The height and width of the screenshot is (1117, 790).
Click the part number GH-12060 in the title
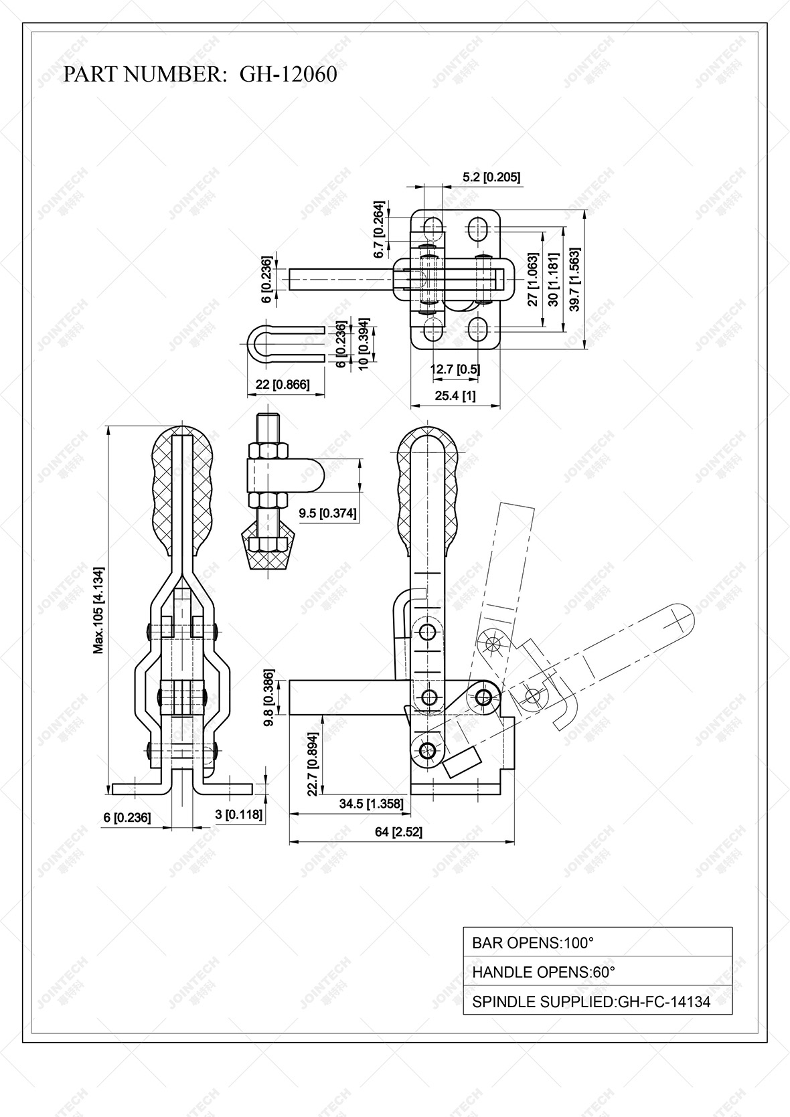(x=288, y=74)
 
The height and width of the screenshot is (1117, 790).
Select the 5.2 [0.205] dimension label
(x=491, y=177)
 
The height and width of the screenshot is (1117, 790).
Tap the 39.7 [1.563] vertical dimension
(x=574, y=279)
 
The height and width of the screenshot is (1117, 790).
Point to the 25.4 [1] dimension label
(x=455, y=396)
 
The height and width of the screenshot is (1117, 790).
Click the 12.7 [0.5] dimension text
(x=455, y=369)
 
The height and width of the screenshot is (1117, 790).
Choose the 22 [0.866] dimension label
(x=283, y=384)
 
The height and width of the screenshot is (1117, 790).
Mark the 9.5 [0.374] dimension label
(x=328, y=513)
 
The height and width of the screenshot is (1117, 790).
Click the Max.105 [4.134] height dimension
(x=98, y=610)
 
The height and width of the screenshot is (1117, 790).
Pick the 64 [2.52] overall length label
(x=398, y=832)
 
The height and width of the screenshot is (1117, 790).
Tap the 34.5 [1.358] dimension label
(x=372, y=804)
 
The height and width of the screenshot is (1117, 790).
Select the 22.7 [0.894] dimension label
(x=312, y=762)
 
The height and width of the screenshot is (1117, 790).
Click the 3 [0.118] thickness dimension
(x=238, y=815)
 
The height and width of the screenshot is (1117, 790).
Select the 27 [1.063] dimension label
(x=533, y=279)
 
